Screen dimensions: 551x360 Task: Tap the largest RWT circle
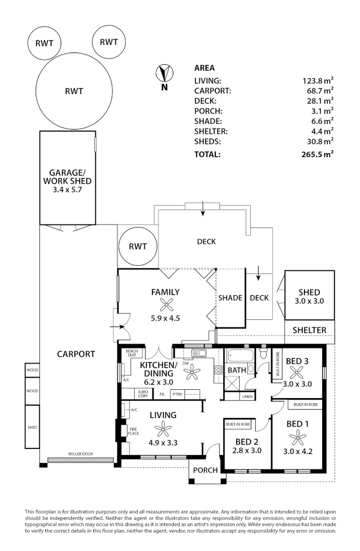pyautogui.click(x=73, y=92)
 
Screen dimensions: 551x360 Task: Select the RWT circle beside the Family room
pyautogui.click(x=138, y=246)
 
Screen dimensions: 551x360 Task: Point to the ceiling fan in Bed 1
pyautogui.click(x=297, y=437)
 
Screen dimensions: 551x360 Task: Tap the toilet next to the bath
pyautogui.click(x=264, y=353)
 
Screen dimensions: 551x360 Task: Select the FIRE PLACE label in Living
pyautogui.click(x=134, y=431)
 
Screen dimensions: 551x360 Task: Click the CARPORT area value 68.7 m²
pyautogui.click(x=318, y=91)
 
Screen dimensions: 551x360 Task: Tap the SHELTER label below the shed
pyautogui.click(x=309, y=330)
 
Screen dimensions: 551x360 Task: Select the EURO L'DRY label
pyautogui.click(x=143, y=393)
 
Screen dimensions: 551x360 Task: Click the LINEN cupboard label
pyautogui.click(x=247, y=396)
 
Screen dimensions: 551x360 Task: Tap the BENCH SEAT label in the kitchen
pyautogui.click(x=132, y=353)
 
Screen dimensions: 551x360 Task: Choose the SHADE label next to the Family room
pyautogui.click(x=230, y=298)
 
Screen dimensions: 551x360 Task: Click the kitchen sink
pyautogui.click(x=197, y=353)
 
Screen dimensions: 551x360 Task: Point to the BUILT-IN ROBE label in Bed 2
pyautogui.click(x=238, y=424)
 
